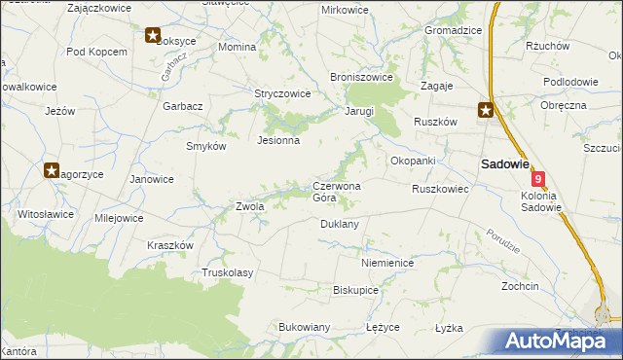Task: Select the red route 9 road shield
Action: click(x=538, y=180)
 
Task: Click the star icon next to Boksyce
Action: click(x=153, y=36)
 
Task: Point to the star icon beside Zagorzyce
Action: click(x=52, y=170)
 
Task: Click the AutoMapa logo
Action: click(x=562, y=341)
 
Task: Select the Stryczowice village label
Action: click(x=282, y=94)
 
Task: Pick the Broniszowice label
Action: click(x=361, y=77)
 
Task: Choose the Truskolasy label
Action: click(x=227, y=273)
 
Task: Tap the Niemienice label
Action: click(x=387, y=264)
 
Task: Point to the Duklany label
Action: click(x=340, y=224)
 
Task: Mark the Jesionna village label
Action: click(x=277, y=140)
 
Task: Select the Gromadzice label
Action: click(x=453, y=30)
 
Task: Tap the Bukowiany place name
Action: click(x=305, y=327)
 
